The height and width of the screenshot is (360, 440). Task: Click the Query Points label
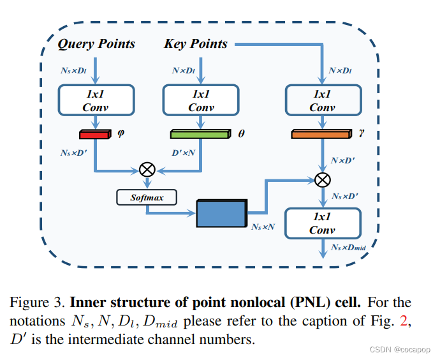tap(96, 44)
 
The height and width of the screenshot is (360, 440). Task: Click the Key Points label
tap(196, 44)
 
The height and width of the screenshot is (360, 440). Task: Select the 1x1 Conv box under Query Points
tap(96, 100)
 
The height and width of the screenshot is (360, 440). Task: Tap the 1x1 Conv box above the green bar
tap(201, 100)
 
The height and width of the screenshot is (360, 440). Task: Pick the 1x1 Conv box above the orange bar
tap(321, 100)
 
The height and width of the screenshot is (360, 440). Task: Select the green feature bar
tap(200, 135)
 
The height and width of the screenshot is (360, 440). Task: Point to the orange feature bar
tap(321, 135)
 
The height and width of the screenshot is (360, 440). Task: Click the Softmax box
tap(147, 197)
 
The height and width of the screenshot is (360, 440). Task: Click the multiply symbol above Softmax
tap(147, 170)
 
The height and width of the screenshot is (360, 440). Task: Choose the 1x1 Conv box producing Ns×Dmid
tap(322, 223)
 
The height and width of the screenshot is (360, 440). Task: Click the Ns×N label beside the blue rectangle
tap(262, 227)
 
